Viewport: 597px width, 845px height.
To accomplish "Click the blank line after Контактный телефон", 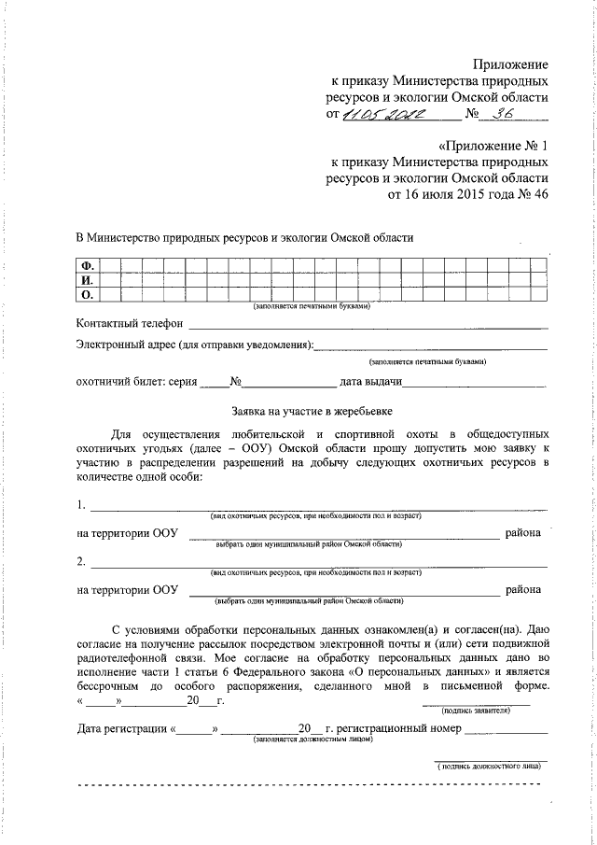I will (368, 326).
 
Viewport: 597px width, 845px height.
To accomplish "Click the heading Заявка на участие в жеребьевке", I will (311, 411).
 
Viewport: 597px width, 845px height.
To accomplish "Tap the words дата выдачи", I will (370, 382).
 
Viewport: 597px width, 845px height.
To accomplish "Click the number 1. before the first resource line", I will (82, 506).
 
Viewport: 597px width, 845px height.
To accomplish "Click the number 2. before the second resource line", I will (82, 561).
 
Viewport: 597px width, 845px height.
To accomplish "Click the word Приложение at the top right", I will (510, 63).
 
